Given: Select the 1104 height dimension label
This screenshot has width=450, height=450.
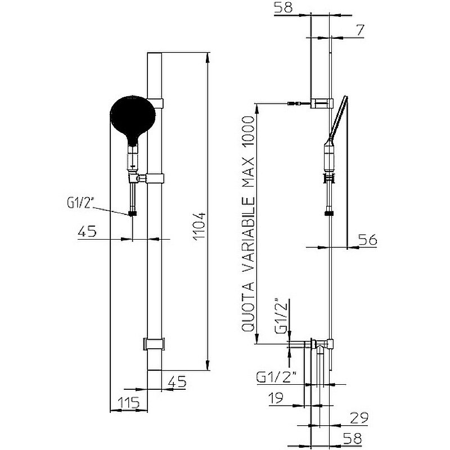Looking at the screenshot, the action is [x=199, y=227].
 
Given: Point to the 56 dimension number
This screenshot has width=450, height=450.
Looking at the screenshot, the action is [x=368, y=240].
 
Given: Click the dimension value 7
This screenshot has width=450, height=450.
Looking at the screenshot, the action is [x=359, y=30].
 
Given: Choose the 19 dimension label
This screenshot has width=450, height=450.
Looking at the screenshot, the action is [x=276, y=398].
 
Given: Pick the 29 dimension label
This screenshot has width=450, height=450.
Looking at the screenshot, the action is [x=359, y=418].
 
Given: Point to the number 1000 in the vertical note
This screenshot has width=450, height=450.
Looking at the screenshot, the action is [x=247, y=133].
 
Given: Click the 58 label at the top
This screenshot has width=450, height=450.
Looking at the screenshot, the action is [x=283, y=7].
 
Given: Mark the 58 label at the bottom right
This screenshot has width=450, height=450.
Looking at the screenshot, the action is [x=353, y=439].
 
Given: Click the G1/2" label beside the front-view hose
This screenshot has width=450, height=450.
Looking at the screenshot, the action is [x=80, y=202].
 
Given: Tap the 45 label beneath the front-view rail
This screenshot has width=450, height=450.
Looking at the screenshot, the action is [x=177, y=381].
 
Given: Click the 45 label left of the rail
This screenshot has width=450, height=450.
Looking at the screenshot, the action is [x=87, y=231].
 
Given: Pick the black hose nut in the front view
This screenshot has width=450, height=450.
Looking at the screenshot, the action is [x=133, y=214].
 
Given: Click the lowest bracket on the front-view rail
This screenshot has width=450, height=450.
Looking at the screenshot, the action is [x=154, y=344].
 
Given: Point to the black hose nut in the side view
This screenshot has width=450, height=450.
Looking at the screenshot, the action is [x=328, y=214].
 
